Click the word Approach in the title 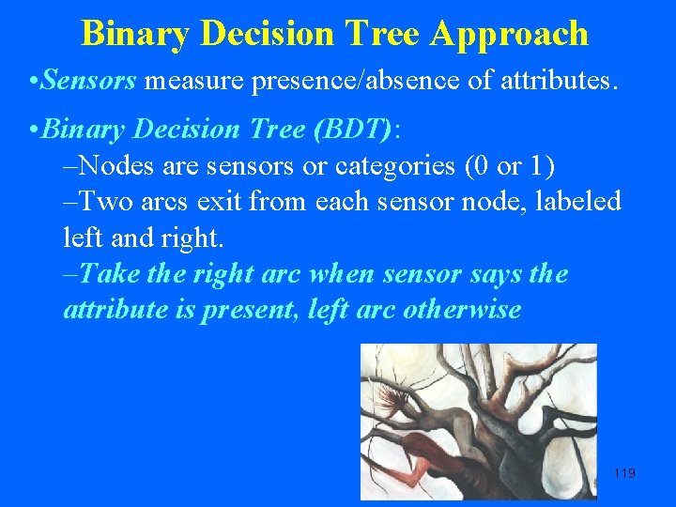(x=510, y=34)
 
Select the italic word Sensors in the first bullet (x=90, y=83)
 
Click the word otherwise (x=461, y=310)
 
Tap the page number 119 (x=623, y=473)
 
